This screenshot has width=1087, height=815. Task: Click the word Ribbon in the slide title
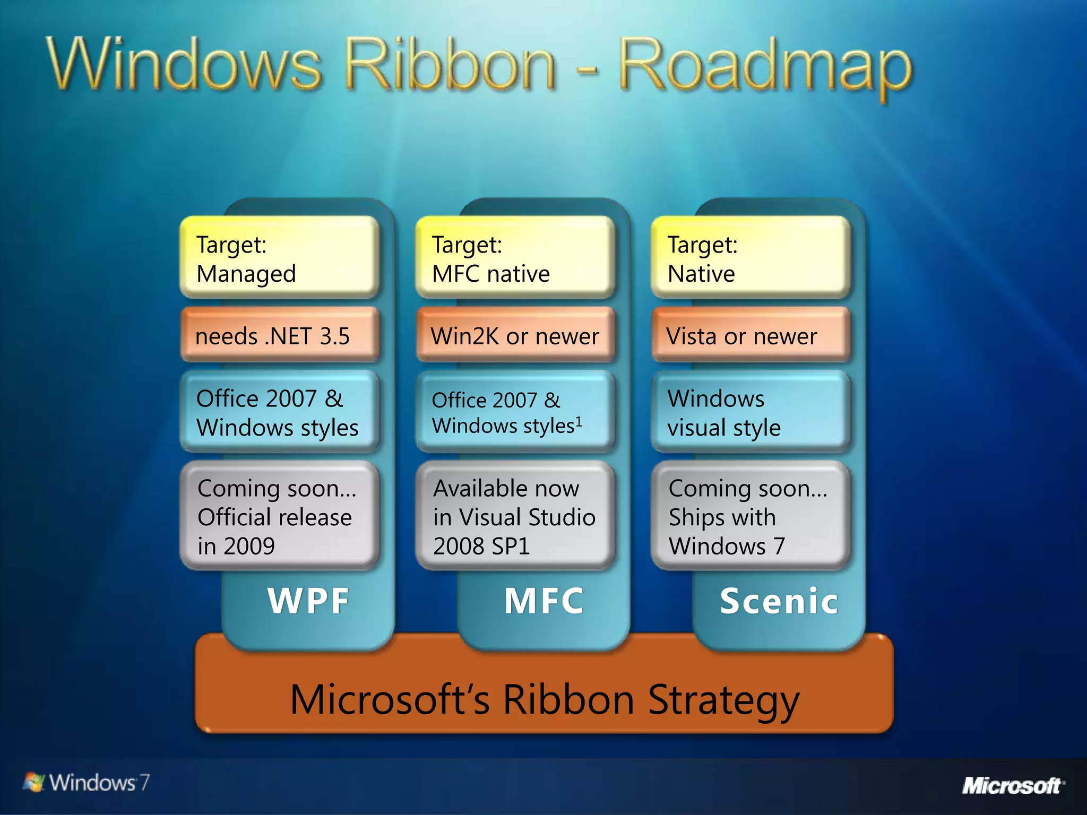[450, 66]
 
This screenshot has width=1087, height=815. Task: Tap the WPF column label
[308, 601]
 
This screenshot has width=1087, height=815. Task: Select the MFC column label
[544, 601]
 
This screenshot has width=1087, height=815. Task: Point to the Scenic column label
[779, 601]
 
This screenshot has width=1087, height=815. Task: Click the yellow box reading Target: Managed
[280, 257]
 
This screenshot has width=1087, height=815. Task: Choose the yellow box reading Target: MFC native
[515, 257]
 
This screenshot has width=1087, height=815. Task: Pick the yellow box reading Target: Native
[750, 257]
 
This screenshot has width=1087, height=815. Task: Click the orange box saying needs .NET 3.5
[280, 335]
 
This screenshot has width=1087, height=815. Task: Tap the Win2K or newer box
[515, 335]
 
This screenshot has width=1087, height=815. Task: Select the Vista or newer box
[750, 335]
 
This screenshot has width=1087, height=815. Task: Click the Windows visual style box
[750, 412]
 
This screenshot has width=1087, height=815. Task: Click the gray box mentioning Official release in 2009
[280, 516]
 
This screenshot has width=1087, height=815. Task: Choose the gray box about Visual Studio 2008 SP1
[515, 516]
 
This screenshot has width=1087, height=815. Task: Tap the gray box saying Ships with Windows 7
[750, 516]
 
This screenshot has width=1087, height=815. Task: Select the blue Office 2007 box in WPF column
[280, 412]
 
